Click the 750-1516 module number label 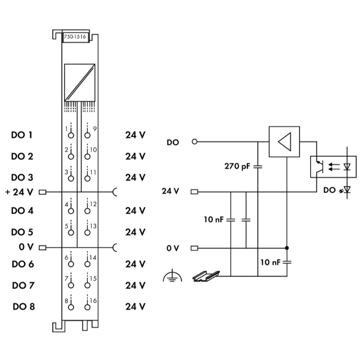pos(75,37)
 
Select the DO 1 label pos(22,135)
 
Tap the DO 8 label pos(24,307)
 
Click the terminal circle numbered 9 pos(87,135)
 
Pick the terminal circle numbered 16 pos(87,307)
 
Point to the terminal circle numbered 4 pos(71,211)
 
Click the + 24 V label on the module pos(19,192)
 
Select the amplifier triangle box pos(284,142)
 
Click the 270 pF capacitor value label pos(237,166)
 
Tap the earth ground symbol pos(172,276)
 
